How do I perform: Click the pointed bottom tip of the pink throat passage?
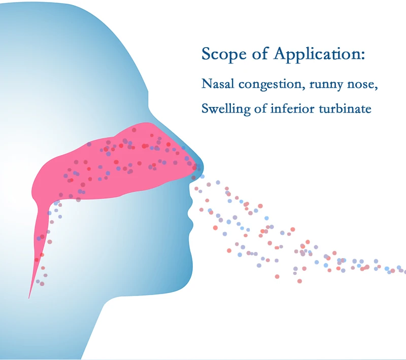tap(30, 296)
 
